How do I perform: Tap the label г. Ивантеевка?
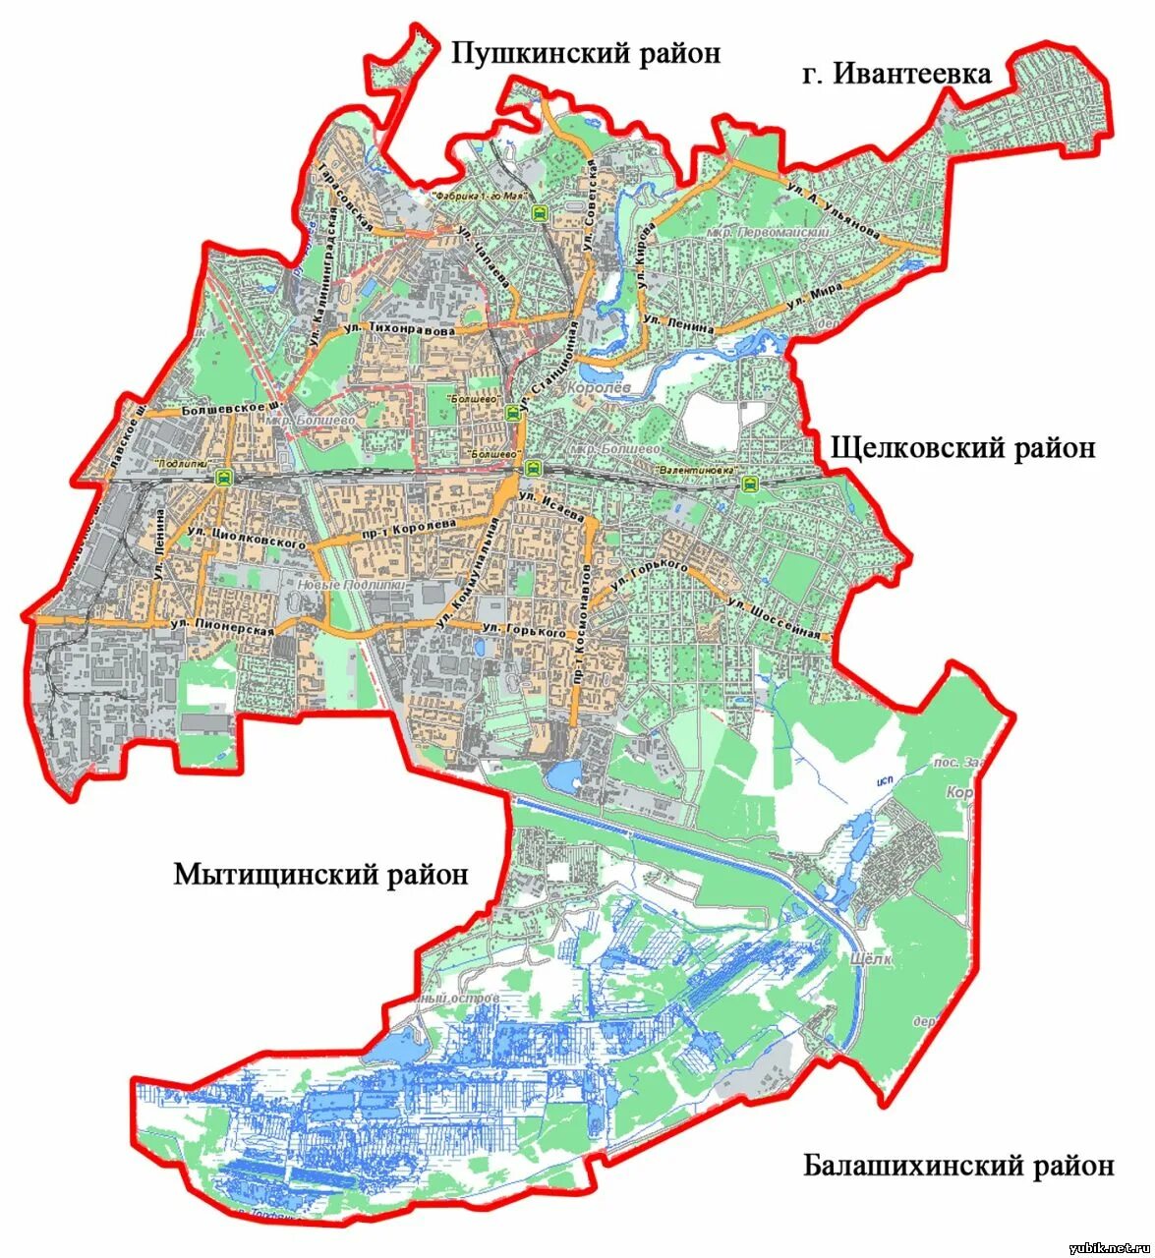(x=895, y=74)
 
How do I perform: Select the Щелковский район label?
(x=962, y=448)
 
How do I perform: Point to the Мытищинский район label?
(x=320, y=874)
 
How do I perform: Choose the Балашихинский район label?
(x=958, y=1167)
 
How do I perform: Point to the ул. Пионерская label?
(x=221, y=629)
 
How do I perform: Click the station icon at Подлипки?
(x=224, y=478)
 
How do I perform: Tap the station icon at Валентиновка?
(x=750, y=483)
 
